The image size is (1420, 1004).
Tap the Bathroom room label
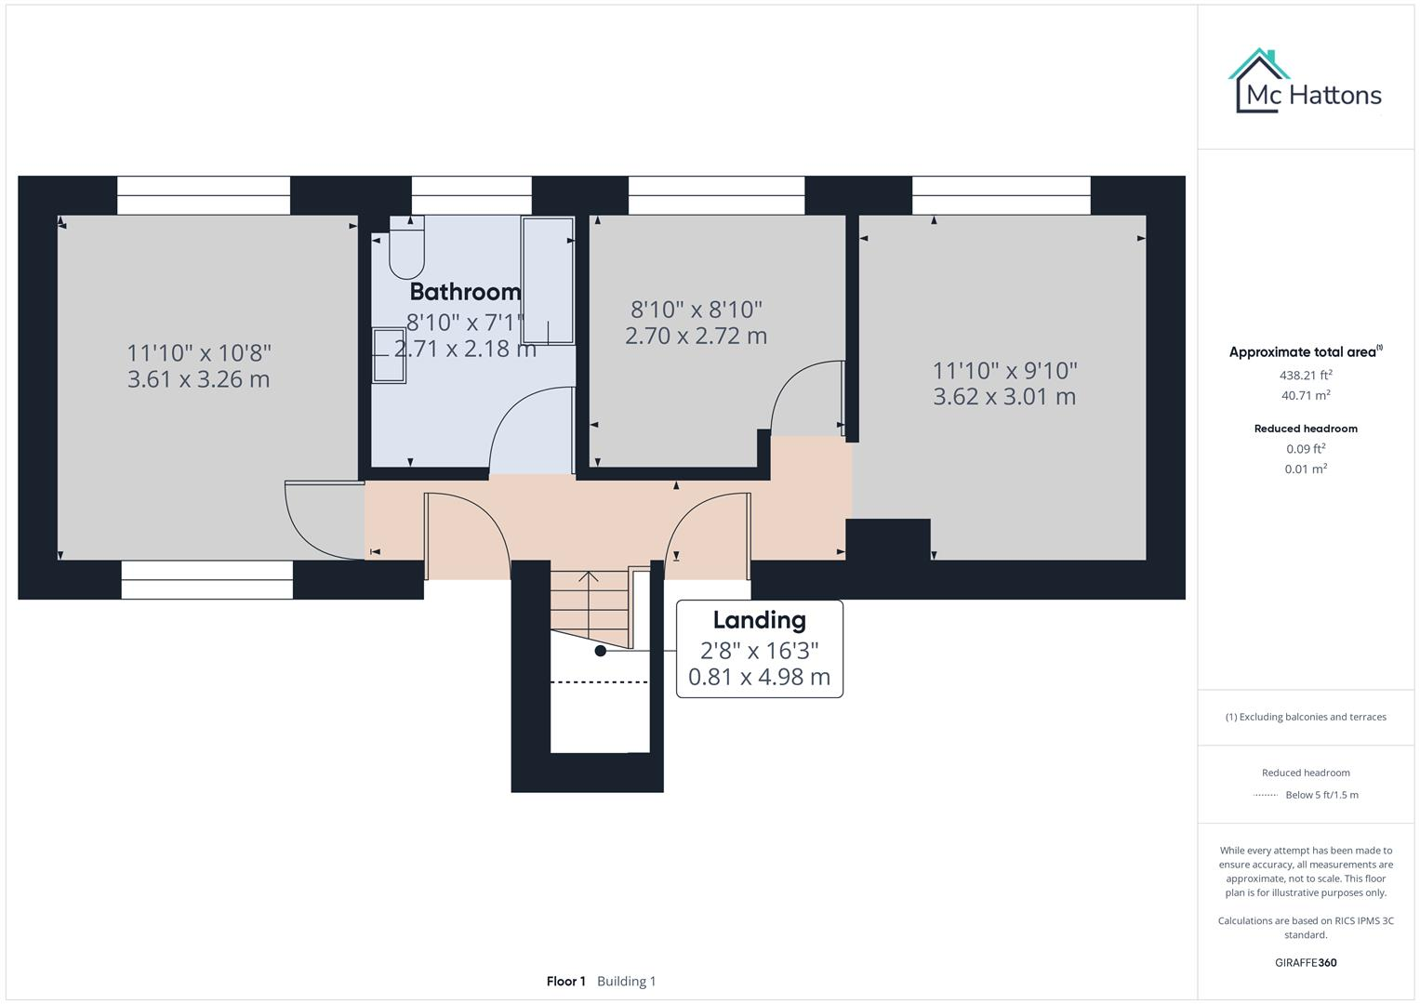tap(465, 292)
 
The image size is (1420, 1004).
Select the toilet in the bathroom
tap(406, 247)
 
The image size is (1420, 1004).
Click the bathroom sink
tap(390, 355)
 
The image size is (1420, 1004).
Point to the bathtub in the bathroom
tap(548, 281)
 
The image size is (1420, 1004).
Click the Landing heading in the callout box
tap(759, 620)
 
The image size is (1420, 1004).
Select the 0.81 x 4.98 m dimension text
tap(759, 678)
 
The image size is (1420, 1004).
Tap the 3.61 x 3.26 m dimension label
tap(199, 379)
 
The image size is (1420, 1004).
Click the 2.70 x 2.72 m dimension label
tap(696, 336)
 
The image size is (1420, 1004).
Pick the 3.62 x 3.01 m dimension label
tap(1004, 397)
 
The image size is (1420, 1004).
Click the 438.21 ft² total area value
tap(1306, 376)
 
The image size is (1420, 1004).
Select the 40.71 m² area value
tap(1306, 395)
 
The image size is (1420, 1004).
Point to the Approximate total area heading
tap(1304, 352)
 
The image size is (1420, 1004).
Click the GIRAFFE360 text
tap(1306, 962)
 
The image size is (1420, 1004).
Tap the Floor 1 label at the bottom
tap(565, 981)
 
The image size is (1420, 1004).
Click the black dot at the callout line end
tap(601, 651)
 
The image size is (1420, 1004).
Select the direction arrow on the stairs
tap(588, 578)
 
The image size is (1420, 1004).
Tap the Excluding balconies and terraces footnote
tap(1306, 717)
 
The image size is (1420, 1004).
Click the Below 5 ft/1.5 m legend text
tap(1321, 795)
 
